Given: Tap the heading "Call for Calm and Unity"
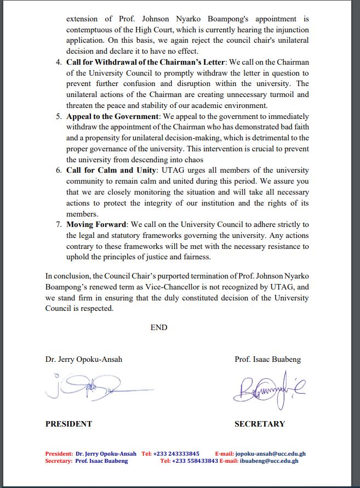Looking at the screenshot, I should click(110, 171).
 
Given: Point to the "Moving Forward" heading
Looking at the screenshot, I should click(95, 225).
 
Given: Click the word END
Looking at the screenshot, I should click(159, 327).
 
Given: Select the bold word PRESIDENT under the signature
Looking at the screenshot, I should click(68, 424).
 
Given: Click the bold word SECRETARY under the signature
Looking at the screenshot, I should click(260, 424).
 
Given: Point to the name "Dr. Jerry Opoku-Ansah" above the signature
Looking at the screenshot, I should click(84, 359).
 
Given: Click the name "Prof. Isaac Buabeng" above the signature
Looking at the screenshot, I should click(267, 359).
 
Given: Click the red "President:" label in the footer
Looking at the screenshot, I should click(59, 454).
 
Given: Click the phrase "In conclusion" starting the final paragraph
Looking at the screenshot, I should click(65, 276).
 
